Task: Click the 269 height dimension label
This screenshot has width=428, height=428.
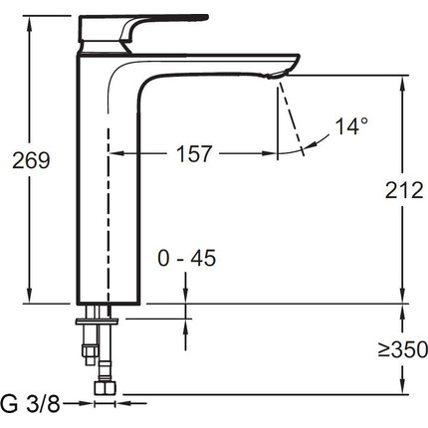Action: pos(31,160)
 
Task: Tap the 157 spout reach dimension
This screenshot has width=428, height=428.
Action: pos(194,153)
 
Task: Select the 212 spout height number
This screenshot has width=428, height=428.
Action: pos(404,190)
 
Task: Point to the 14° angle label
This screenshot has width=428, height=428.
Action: pos(351,126)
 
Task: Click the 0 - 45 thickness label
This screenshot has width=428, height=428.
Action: pos(187,258)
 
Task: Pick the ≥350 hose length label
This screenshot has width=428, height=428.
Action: pos(403,349)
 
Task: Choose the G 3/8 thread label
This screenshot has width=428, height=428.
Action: pos(30,404)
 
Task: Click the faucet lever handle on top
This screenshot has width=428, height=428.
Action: pos(142,29)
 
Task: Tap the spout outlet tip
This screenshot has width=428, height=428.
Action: pos(276,76)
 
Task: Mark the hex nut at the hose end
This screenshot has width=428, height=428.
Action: pos(105,387)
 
